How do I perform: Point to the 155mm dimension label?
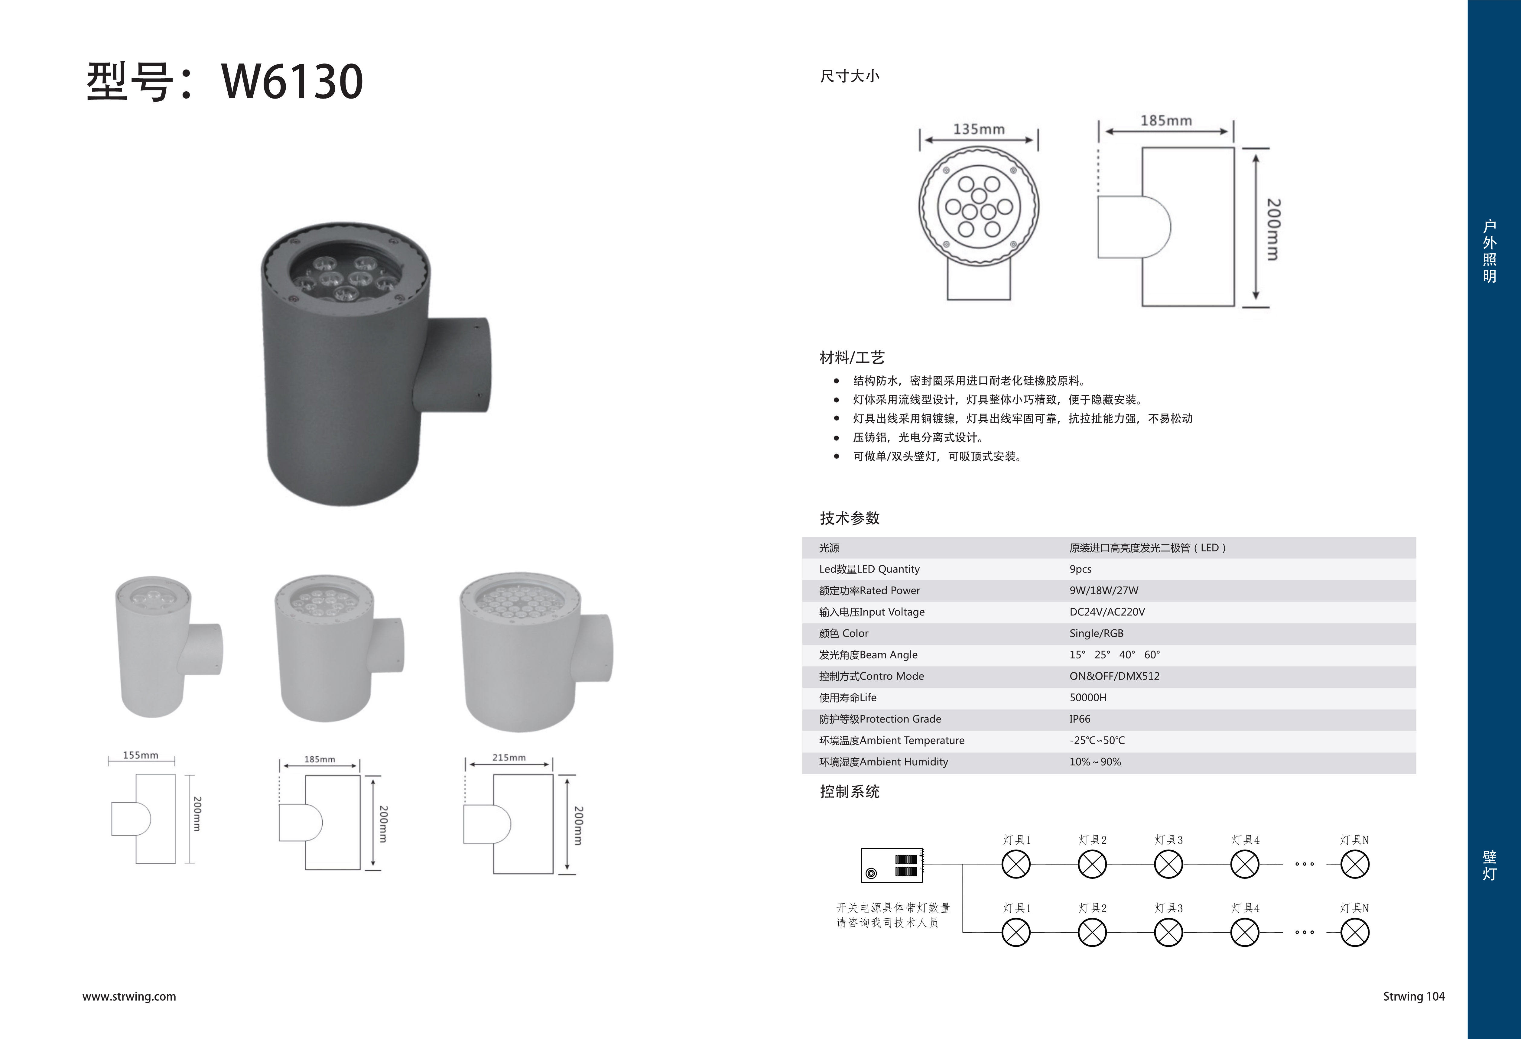(x=141, y=755)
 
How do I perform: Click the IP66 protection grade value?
(x=1080, y=719)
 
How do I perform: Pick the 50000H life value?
(x=1088, y=697)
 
